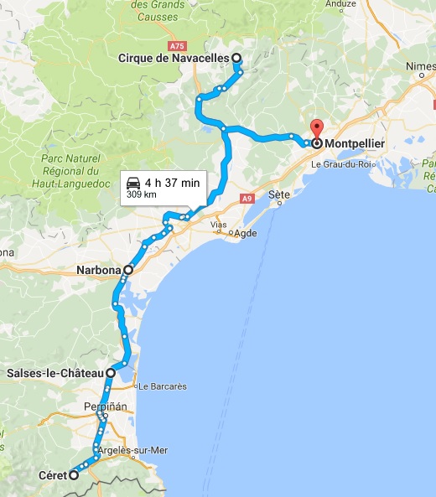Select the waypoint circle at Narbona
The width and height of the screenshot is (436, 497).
[128, 270]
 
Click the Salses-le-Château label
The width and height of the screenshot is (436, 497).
[54, 372]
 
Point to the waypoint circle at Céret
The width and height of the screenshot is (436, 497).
[73, 475]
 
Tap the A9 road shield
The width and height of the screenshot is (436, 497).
[246, 199]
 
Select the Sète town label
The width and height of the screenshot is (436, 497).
[279, 194]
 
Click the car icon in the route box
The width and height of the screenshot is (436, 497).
[132, 183]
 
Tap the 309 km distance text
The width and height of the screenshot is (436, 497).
[142, 194]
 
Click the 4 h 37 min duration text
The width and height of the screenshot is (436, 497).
[172, 183]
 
